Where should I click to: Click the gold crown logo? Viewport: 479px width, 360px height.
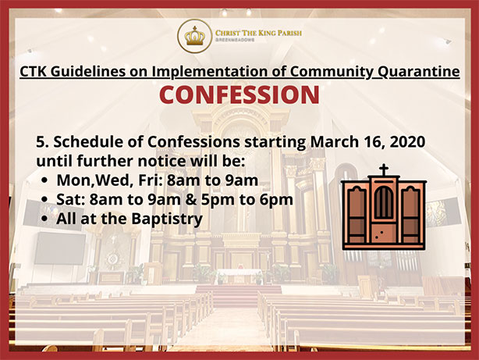tap(194, 36)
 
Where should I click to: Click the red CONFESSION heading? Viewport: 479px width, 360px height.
tap(239, 94)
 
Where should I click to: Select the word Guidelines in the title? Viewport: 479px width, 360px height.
tap(88, 72)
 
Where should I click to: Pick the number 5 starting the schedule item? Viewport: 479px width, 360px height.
tap(41, 142)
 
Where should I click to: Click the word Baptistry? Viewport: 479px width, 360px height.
tap(167, 219)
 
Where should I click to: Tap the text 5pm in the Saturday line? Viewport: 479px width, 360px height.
tap(218, 200)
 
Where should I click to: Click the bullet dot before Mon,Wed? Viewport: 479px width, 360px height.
tap(44, 181)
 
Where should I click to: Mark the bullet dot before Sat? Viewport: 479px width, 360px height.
tap(44, 200)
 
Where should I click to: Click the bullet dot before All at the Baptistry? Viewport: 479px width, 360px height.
tap(44, 219)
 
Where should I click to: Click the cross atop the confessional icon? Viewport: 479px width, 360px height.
tap(384, 169)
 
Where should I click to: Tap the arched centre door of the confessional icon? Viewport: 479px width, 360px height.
tap(384, 202)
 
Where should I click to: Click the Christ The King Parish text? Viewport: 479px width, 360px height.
tap(258, 33)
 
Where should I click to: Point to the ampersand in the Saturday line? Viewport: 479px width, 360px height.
tap(191, 200)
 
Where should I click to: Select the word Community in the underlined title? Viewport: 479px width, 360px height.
tap(332, 72)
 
